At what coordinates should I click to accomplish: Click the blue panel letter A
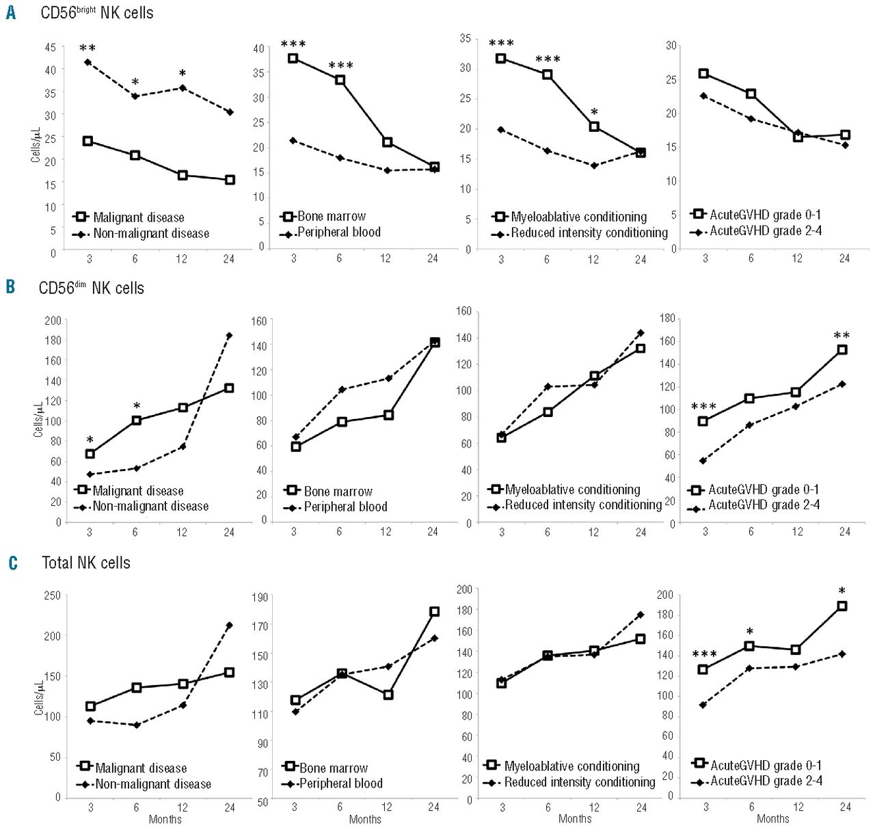pos(12,12)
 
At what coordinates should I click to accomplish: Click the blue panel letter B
pos(11,286)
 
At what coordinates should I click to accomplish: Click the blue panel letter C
pos(12,563)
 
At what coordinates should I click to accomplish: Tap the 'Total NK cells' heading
pos(86,563)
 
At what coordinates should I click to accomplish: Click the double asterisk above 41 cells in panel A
pos(87,49)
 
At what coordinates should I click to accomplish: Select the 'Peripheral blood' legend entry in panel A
pos(338,232)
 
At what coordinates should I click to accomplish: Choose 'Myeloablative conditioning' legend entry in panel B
pos(572,489)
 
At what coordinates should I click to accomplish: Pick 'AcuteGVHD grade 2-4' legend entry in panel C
pos(766,781)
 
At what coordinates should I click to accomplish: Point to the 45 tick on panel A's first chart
pos(51,47)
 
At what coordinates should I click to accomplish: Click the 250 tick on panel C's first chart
pos(53,595)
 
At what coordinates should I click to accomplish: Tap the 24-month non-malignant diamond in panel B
pos(229,335)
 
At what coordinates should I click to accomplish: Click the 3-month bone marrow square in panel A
pos(293,58)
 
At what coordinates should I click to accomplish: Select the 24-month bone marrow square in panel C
pos(434,612)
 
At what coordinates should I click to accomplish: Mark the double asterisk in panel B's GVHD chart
pos(842,336)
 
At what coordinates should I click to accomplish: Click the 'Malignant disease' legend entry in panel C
pos(141,768)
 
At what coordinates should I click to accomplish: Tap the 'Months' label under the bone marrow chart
pos(365,819)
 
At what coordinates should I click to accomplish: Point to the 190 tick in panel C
pos(260,597)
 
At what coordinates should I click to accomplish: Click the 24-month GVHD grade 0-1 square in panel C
pos(842,606)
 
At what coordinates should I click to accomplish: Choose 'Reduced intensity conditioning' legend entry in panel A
pos(589,233)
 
